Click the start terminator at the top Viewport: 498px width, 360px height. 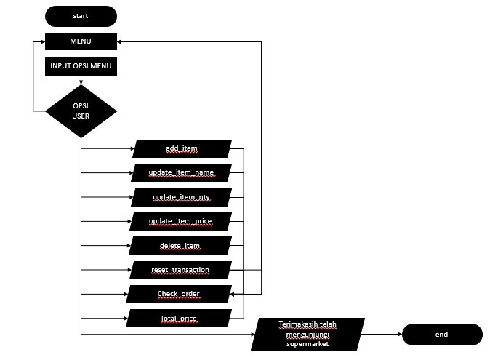(81, 16)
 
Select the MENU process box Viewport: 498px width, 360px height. (81, 41)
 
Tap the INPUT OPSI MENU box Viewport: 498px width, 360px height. (81, 66)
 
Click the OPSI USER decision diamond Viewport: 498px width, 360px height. (81, 111)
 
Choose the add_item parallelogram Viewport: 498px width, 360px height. (182, 148)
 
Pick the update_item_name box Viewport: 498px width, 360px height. (182, 172)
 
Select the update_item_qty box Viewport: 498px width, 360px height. (182, 197)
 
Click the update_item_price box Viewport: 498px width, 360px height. (182, 221)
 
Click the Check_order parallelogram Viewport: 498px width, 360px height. (179, 294)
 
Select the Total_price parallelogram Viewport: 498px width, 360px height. (179, 319)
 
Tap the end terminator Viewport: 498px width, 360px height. (442, 335)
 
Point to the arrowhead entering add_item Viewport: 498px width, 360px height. (131, 148)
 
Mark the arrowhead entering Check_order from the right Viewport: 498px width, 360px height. (236, 294)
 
